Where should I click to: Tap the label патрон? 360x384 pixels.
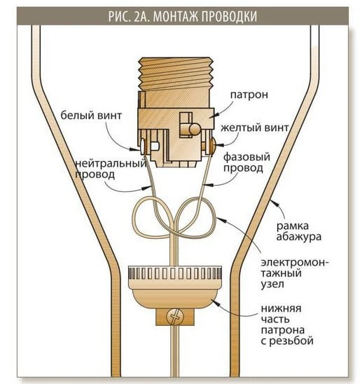249,95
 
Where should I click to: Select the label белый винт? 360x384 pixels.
91,115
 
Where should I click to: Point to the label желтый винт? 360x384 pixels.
254,128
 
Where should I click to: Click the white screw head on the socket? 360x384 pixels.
142,146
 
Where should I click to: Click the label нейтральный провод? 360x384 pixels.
111,169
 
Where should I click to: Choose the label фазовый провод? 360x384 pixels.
247,163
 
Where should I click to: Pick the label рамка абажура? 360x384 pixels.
298,231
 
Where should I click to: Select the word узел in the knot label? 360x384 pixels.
272,284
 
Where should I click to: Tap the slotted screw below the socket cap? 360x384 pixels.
175,317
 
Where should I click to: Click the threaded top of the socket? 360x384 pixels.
175,74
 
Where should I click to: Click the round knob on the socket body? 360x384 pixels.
195,128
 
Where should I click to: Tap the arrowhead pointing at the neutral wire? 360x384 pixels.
148,187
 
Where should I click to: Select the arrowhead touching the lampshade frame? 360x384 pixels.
273,203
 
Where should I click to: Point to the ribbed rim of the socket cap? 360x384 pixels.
175,274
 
